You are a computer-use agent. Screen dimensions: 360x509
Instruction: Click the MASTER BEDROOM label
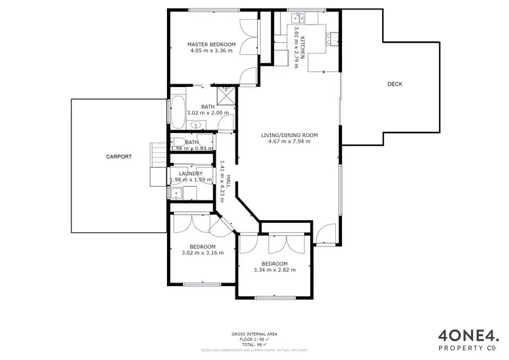211,44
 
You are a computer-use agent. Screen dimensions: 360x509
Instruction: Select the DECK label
394,84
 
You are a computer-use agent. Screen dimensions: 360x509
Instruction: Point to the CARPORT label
118,156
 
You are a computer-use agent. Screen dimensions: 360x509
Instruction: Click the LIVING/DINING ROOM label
289,134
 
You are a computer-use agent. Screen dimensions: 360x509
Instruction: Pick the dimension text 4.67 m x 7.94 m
289,141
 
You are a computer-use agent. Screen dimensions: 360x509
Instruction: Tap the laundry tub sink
175,194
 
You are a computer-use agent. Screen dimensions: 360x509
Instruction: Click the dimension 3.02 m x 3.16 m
202,253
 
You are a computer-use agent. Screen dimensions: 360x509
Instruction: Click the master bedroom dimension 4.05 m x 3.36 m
211,51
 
